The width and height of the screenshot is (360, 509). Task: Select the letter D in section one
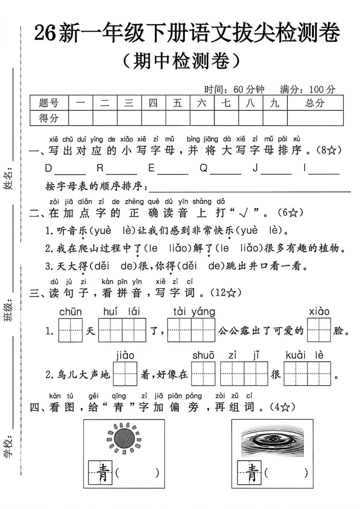(x=49, y=168)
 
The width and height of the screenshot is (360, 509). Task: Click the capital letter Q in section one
(x=203, y=168)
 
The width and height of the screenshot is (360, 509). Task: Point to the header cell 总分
(x=315, y=103)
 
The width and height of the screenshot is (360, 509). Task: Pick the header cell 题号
(x=49, y=103)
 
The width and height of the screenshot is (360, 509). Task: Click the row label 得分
(x=49, y=118)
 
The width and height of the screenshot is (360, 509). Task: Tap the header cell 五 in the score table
(x=178, y=103)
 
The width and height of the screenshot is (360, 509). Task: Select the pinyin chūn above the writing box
(x=70, y=312)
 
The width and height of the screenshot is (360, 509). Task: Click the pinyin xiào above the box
(x=319, y=312)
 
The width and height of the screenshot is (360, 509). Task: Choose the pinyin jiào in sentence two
(x=125, y=355)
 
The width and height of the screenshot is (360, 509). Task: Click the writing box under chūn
(x=70, y=330)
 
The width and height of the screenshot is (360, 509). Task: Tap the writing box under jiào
(x=125, y=374)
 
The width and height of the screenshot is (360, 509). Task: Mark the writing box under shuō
(x=203, y=374)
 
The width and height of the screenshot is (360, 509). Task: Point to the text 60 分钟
(x=249, y=89)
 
